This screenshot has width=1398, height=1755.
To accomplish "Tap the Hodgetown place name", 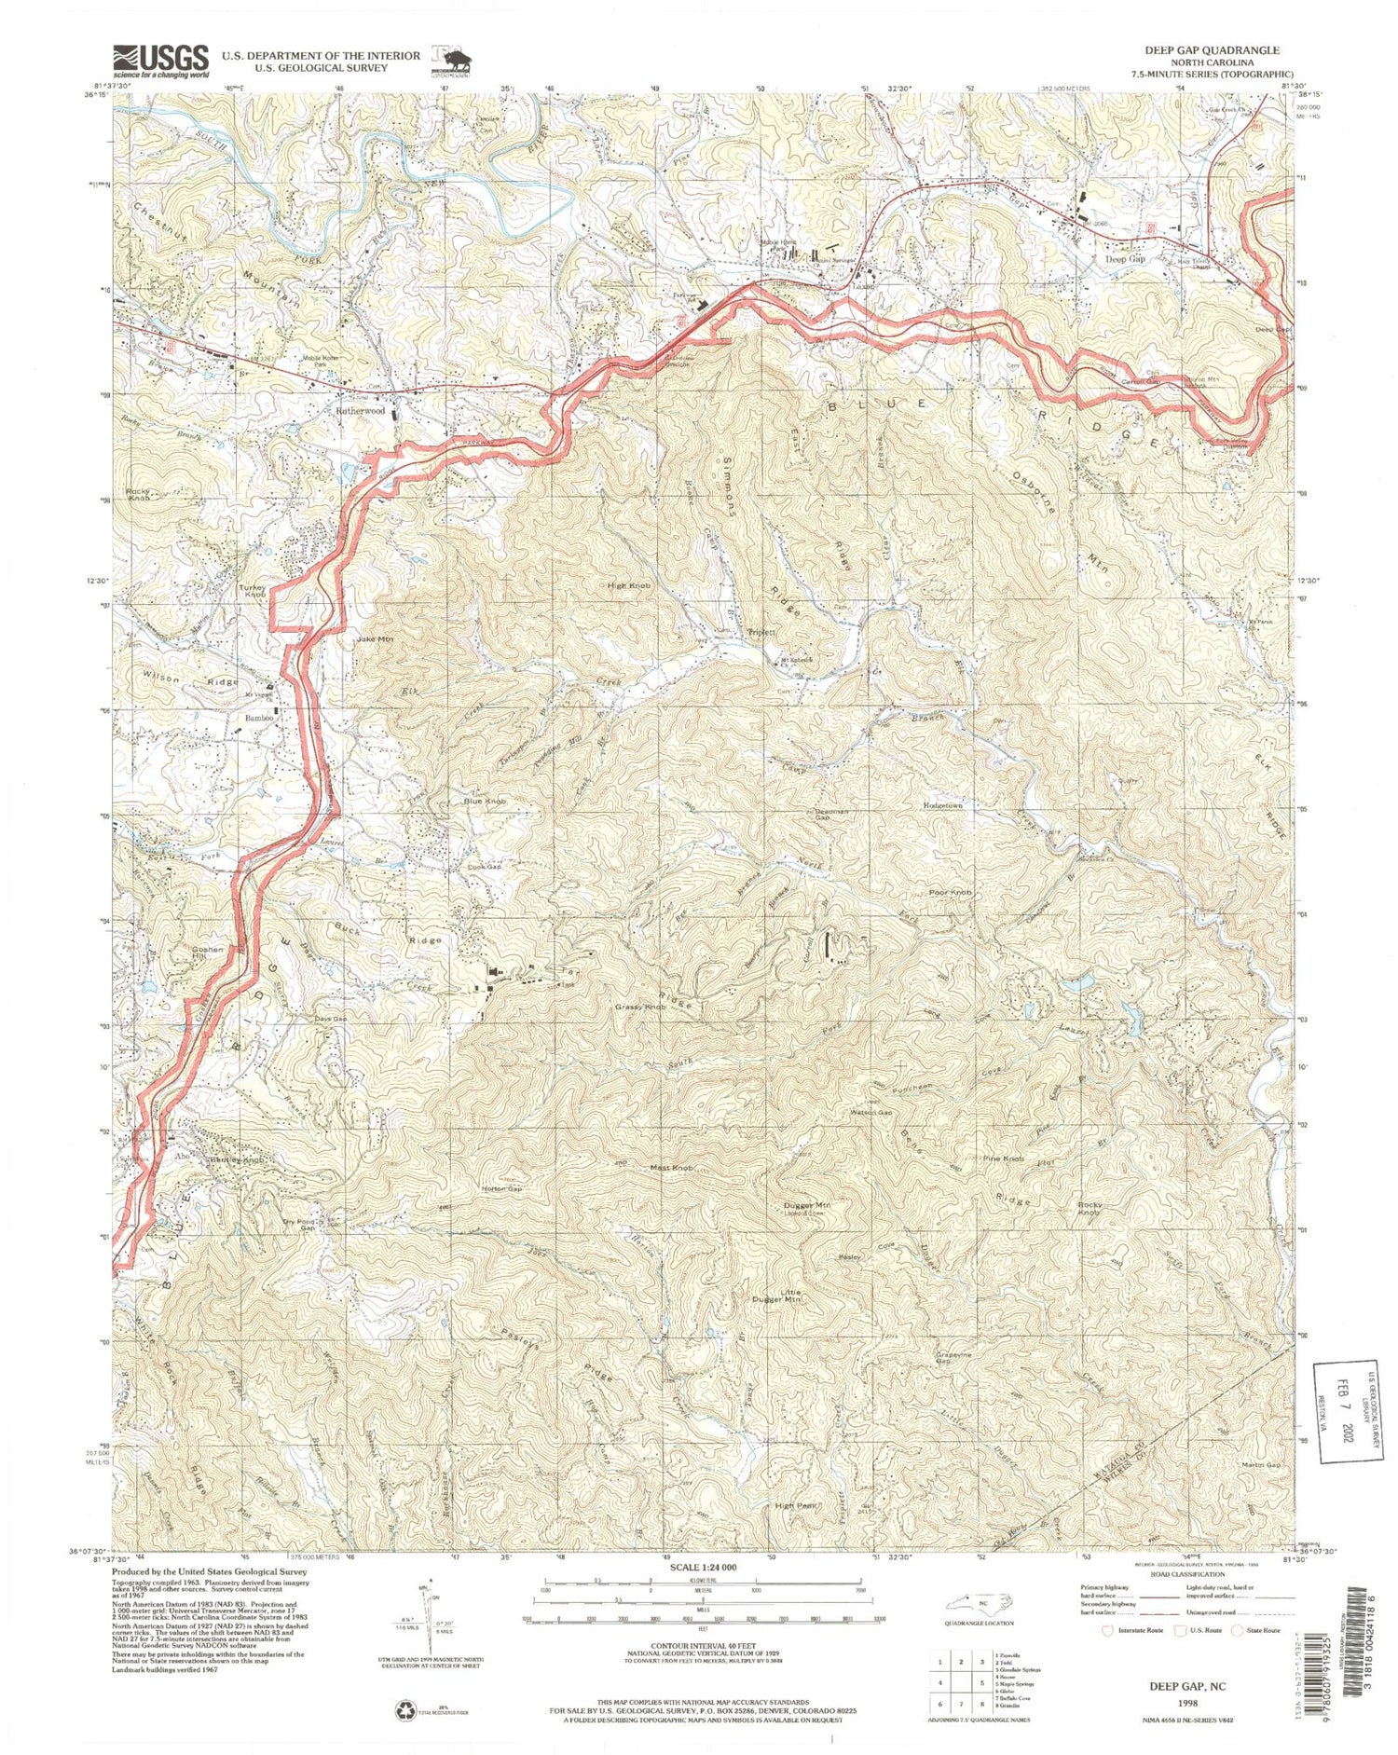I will point(942,804).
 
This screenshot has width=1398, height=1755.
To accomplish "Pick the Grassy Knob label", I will point(639,1008).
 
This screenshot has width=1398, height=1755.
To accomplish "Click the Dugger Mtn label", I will point(807,1205).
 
